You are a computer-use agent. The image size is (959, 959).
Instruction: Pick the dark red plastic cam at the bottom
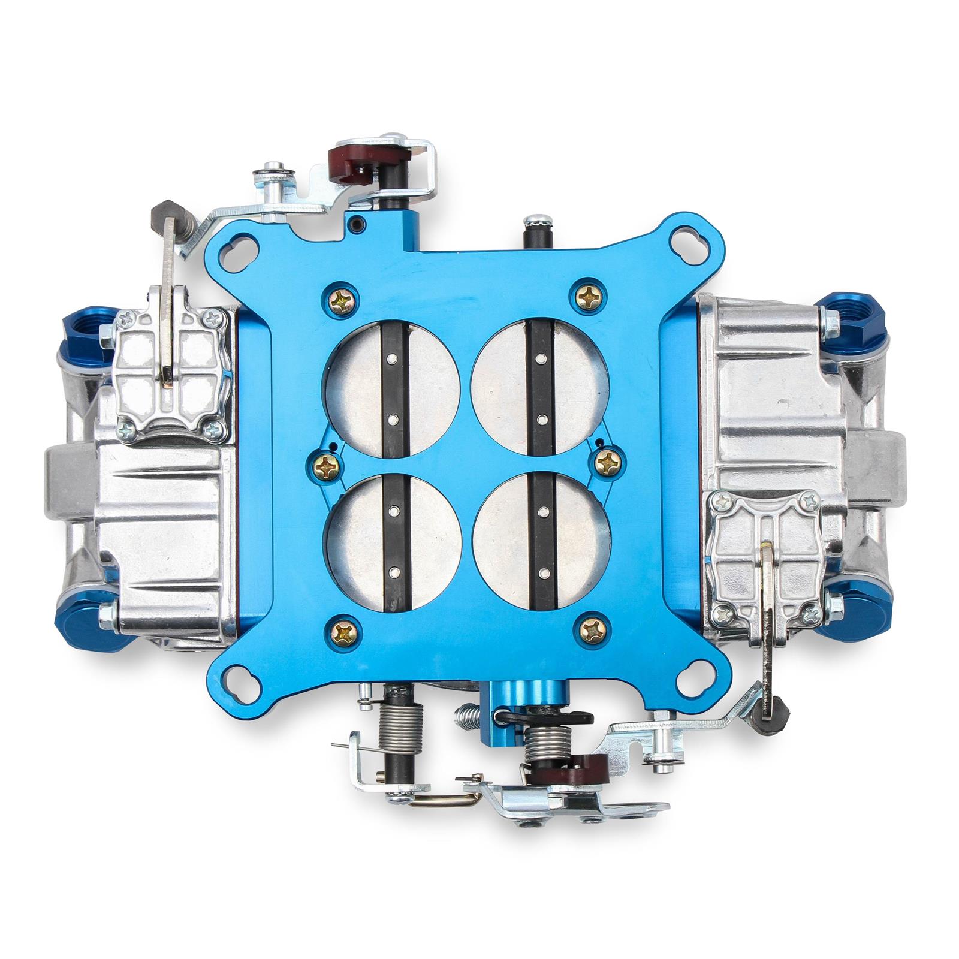[587, 769]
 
